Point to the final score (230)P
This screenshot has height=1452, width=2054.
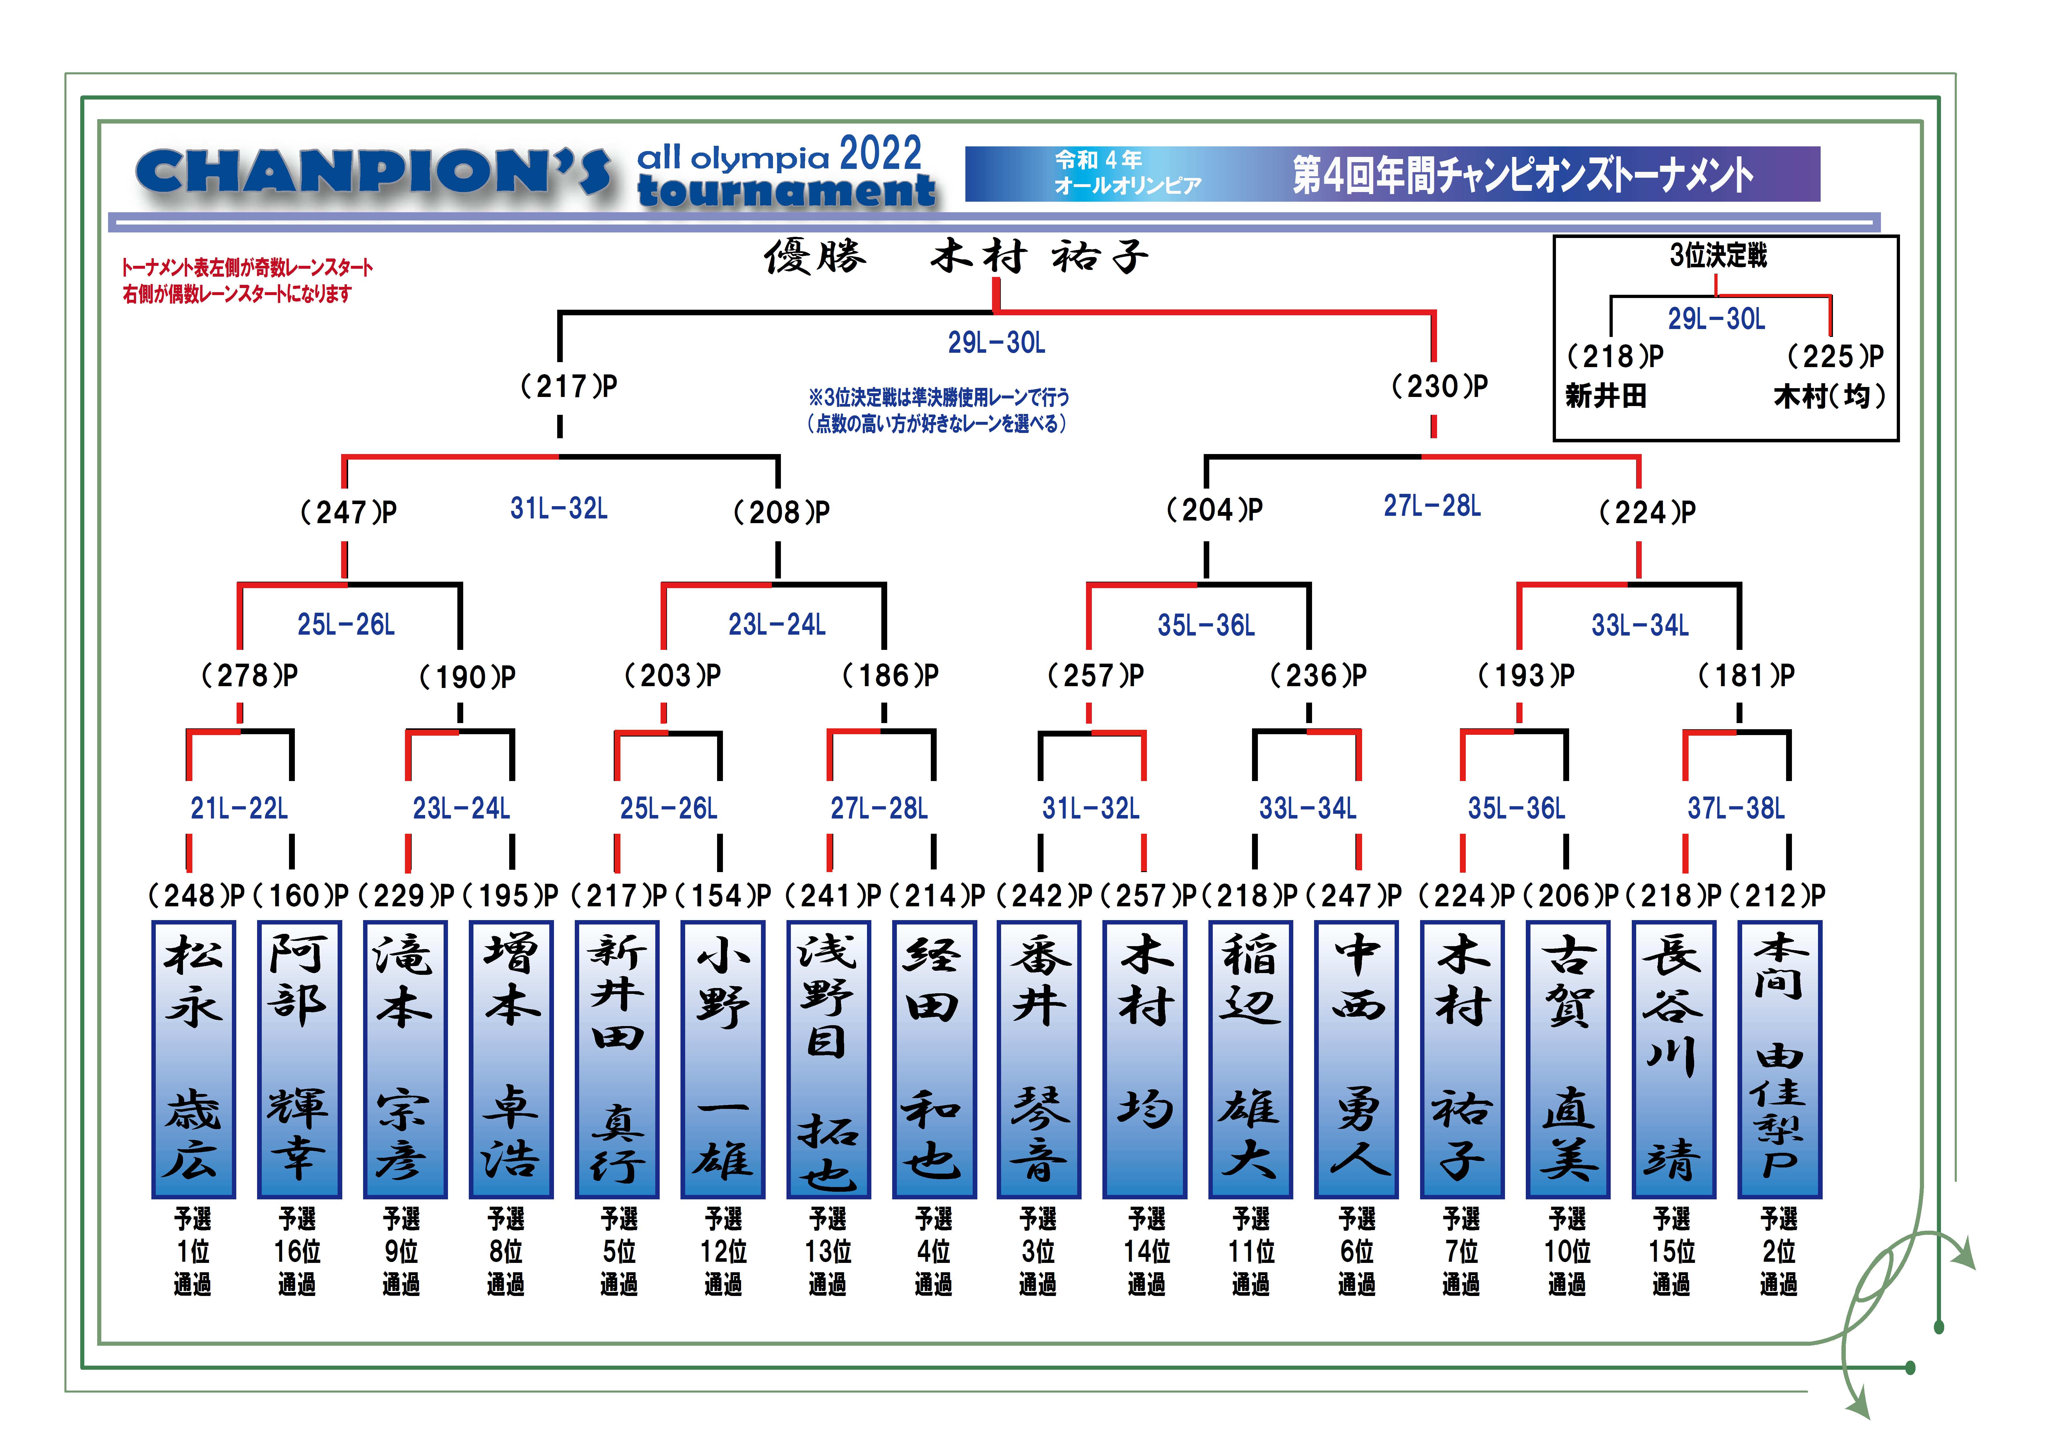point(1439,386)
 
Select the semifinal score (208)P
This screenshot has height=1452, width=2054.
point(781,513)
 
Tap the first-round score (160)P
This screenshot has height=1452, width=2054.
point(300,895)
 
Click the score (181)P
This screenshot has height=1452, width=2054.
point(1746,675)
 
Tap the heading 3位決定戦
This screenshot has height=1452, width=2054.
point(1718,256)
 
